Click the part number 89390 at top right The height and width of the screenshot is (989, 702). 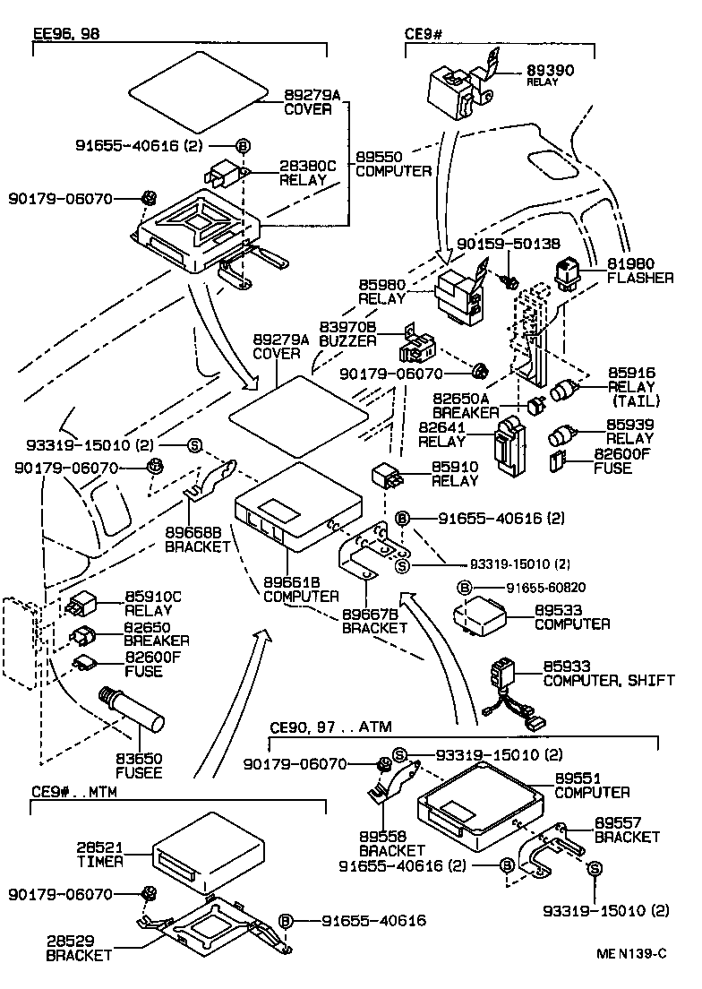(x=550, y=68)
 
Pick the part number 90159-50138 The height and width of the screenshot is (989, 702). (x=508, y=243)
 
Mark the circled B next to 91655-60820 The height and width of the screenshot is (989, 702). (x=465, y=588)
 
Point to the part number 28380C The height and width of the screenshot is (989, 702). (x=307, y=166)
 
